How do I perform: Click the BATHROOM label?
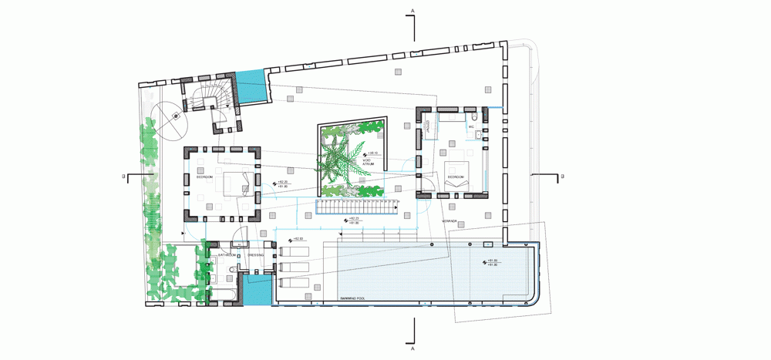click(226, 254)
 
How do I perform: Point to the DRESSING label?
click(255, 254)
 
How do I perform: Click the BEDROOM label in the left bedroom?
click(204, 177)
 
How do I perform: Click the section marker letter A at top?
click(413, 10)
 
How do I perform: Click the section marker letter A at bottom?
click(413, 348)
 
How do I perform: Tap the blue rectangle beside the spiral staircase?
click(251, 86)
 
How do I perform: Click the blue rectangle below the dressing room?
click(254, 292)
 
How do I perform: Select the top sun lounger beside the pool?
click(294, 252)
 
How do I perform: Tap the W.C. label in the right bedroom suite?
click(472, 126)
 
